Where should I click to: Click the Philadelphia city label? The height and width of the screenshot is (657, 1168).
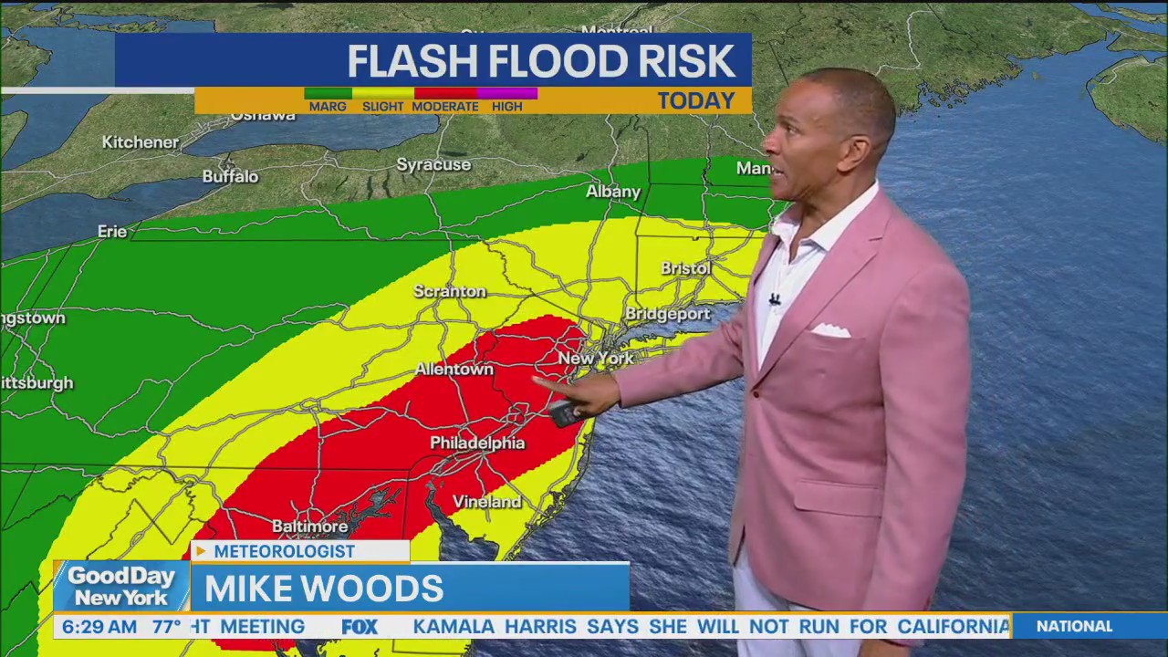click(477, 443)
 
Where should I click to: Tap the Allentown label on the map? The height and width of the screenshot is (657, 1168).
click(454, 370)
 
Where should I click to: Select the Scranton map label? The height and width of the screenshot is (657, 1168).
click(450, 292)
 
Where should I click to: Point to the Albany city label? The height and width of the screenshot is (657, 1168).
click(613, 193)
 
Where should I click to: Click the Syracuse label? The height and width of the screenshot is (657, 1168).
click(433, 165)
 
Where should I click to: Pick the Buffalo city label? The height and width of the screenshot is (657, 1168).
click(230, 177)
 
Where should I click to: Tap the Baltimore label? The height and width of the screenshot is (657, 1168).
click(309, 527)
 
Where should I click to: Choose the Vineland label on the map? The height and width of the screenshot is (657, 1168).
click(487, 503)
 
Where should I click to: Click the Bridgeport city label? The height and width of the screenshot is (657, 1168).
click(667, 314)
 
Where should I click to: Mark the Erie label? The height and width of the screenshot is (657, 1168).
click(112, 232)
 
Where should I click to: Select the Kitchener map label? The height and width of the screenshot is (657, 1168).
click(141, 142)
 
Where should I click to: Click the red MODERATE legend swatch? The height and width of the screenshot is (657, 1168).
click(445, 93)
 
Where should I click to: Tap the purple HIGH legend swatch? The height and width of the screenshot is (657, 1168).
click(507, 93)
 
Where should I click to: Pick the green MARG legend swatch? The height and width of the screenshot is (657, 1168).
click(328, 93)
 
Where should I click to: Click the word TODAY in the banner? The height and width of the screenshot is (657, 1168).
click(696, 101)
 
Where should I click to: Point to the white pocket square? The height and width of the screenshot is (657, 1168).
click(830, 330)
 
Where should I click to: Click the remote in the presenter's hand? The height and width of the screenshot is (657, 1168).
click(565, 413)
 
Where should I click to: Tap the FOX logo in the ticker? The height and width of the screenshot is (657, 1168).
click(360, 627)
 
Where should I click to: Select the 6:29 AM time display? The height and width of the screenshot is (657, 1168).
click(99, 627)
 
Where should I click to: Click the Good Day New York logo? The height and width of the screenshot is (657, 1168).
click(120, 587)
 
